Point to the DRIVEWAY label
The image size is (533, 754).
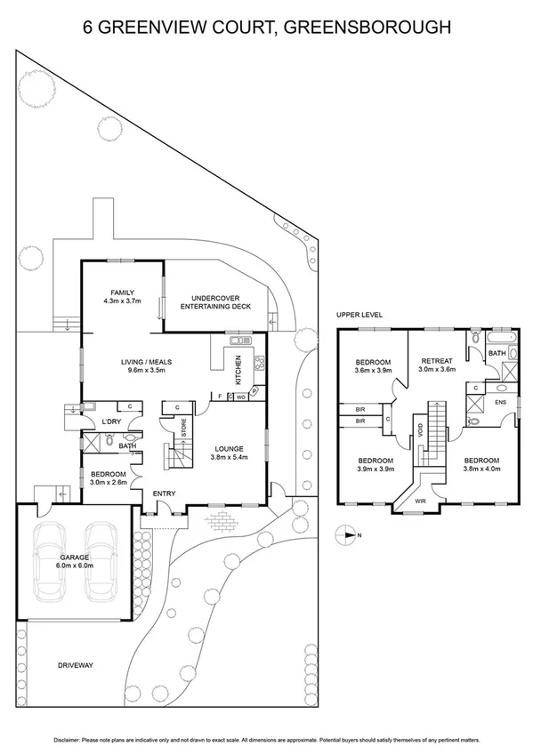click(x=75, y=665)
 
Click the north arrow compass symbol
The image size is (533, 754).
click(x=345, y=535)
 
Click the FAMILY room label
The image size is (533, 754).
click(x=122, y=292)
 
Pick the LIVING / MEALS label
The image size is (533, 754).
click(x=146, y=362)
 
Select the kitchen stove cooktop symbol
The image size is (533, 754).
click(x=260, y=363)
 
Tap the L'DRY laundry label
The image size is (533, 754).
click(x=111, y=421)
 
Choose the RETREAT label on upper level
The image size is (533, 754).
click(x=437, y=360)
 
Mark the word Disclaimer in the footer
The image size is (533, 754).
click(x=71, y=739)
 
